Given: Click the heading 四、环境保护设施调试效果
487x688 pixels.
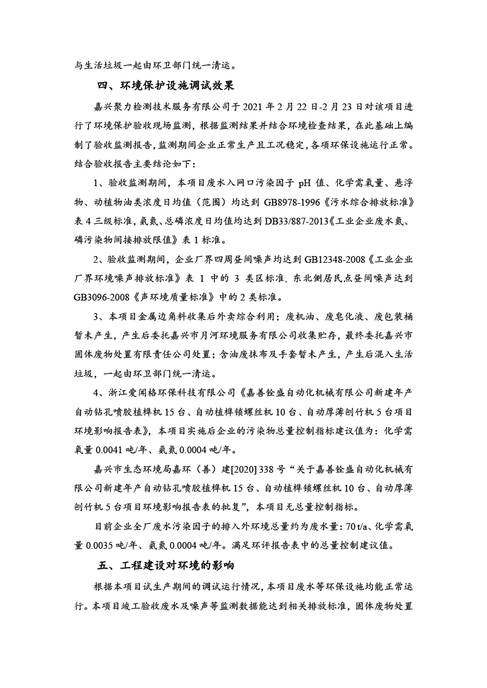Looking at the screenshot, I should [166, 85].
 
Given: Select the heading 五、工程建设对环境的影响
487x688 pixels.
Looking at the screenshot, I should [166, 566].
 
